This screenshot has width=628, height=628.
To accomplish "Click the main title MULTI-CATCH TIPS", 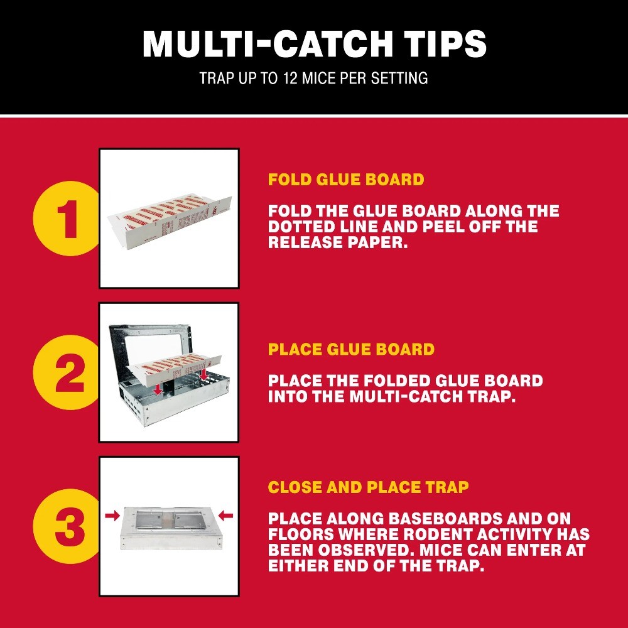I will (314, 44).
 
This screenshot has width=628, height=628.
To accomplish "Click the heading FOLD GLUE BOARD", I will (346, 180).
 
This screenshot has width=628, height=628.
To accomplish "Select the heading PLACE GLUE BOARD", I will (351, 349).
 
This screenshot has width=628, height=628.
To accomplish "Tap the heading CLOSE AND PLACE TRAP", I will (368, 487).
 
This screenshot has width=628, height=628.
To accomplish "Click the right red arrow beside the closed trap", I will (226, 516).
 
